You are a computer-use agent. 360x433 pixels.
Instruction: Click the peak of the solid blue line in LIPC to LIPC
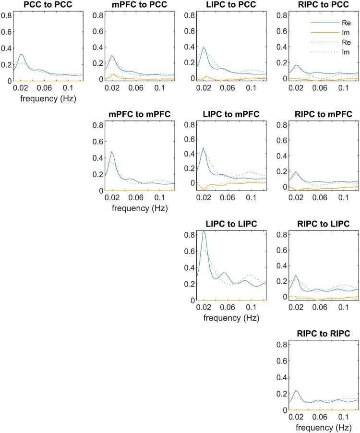click(204, 231)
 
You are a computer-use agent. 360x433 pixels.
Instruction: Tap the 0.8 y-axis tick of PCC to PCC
click(7, 15)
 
